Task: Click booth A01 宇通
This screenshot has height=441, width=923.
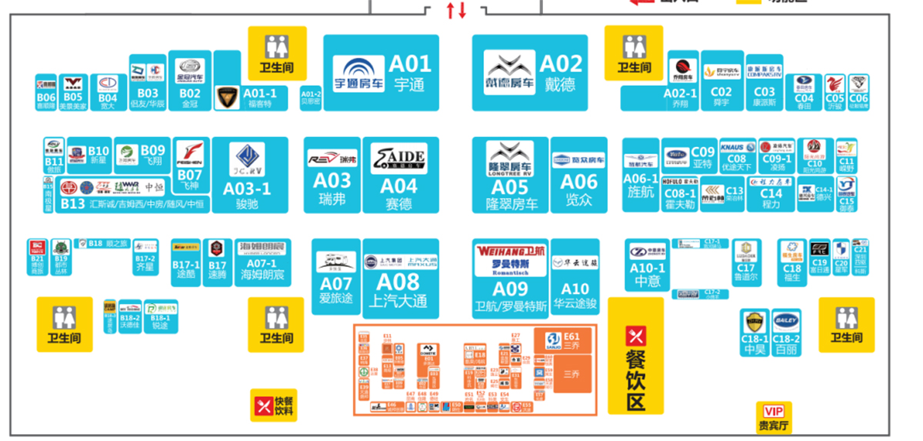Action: [x=381, y=73]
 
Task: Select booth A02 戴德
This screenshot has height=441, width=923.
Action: [x=531, y=73]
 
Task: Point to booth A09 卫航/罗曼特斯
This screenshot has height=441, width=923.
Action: [x=510, y=277]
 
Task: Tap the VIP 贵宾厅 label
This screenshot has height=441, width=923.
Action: [x=773, y=417]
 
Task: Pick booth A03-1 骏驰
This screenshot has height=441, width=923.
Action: [x=249, y=175]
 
